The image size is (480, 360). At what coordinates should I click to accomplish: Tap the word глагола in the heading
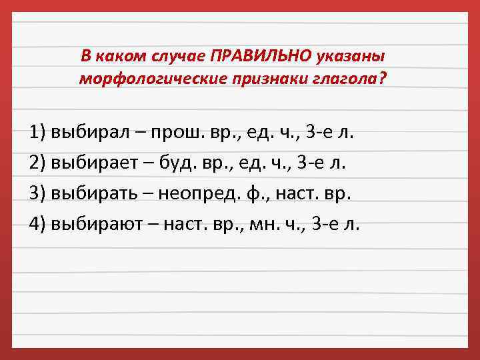[345, 79]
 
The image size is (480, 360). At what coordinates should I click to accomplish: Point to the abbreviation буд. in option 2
[179, 162]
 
